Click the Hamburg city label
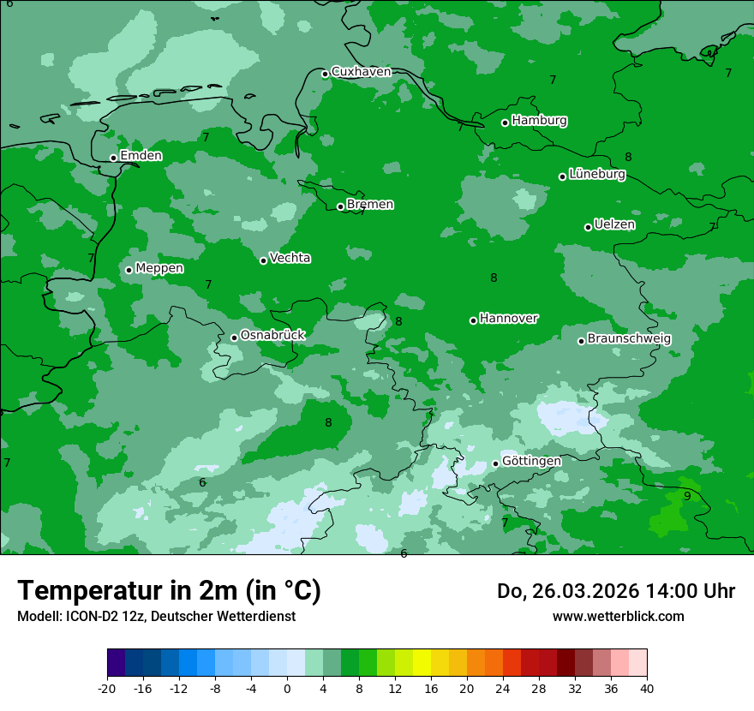[x=539, y=121]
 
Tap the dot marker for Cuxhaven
[x=325, y=74]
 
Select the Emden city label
[x=141, y=156]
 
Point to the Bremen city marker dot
[x=340, y=206]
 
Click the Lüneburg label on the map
[x=596, y=175]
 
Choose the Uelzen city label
[x=614, y=225]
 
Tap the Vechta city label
[x=290, y=258]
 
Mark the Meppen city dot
[x=129, y=270]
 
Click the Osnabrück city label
[x=272, y=336]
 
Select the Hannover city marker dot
[x=473, y=320]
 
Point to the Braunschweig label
[x=629, y=339]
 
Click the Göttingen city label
[x=531, y=462]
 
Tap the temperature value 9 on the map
[x=687, y=496]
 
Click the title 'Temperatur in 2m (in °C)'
[x=169, y=591]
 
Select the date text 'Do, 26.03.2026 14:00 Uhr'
[x=616, y=591]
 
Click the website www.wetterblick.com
[x=618, y=617]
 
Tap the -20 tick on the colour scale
[x=107, y=689]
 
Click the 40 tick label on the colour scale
[x=647, y=689]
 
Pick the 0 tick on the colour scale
[x=287, y=689]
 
